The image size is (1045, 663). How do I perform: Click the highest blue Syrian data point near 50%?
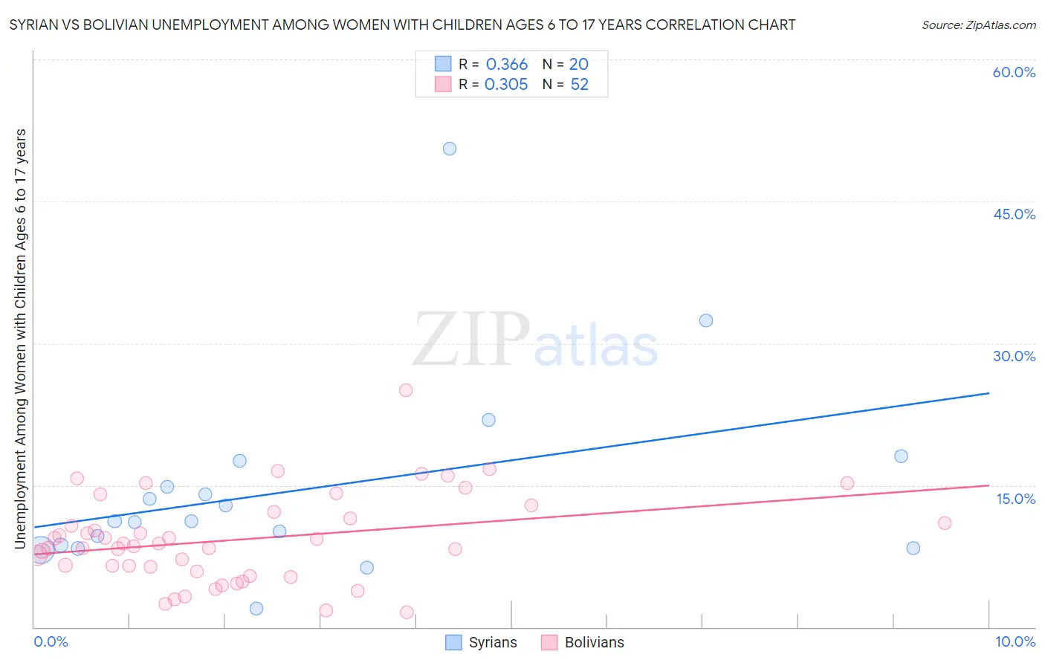pyautogui.click(x=450, y=149)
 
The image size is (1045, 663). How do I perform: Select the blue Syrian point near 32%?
pyautogui.click(x=706, y=320)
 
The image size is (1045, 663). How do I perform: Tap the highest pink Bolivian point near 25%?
pyautogui.click(x=406, y=390)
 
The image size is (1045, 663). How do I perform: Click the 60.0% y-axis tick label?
pyautogui.click(x=1014, y=72)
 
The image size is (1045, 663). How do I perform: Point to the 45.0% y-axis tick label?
pyautogui.click(x=1014, y=214)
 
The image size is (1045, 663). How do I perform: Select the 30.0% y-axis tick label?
pyautogui.click(x=1014, y=356)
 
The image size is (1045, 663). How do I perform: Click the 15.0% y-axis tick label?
pyautogui.click(x=1015, y=499)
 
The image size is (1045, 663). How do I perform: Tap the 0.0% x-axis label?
pyautogui.click(x=51, y=641)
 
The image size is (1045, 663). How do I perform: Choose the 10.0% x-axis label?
pyautogui.click(x=1015, y=641)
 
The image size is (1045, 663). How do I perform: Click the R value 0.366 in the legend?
pyautogui.click(x=506, y=65)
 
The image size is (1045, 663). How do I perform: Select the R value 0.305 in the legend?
pyautogui.click(x=506, y=85)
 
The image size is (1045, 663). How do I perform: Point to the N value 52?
pyautogui.click(x=579, y=85)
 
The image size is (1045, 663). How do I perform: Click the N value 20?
pyautogui.click(x=578, y=65)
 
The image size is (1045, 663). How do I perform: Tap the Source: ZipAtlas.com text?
pyautogui.click(x=978, y=25)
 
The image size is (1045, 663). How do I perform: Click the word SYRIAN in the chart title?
pyautogui.click(x=35, y=25)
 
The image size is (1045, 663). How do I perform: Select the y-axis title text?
pyautogui.click(x=21, y=339)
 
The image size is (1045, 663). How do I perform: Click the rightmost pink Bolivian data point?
pyautogui.click(x=945, y=523)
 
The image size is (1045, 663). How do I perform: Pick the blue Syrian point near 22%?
pyautogui.click(x=488, y=420)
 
